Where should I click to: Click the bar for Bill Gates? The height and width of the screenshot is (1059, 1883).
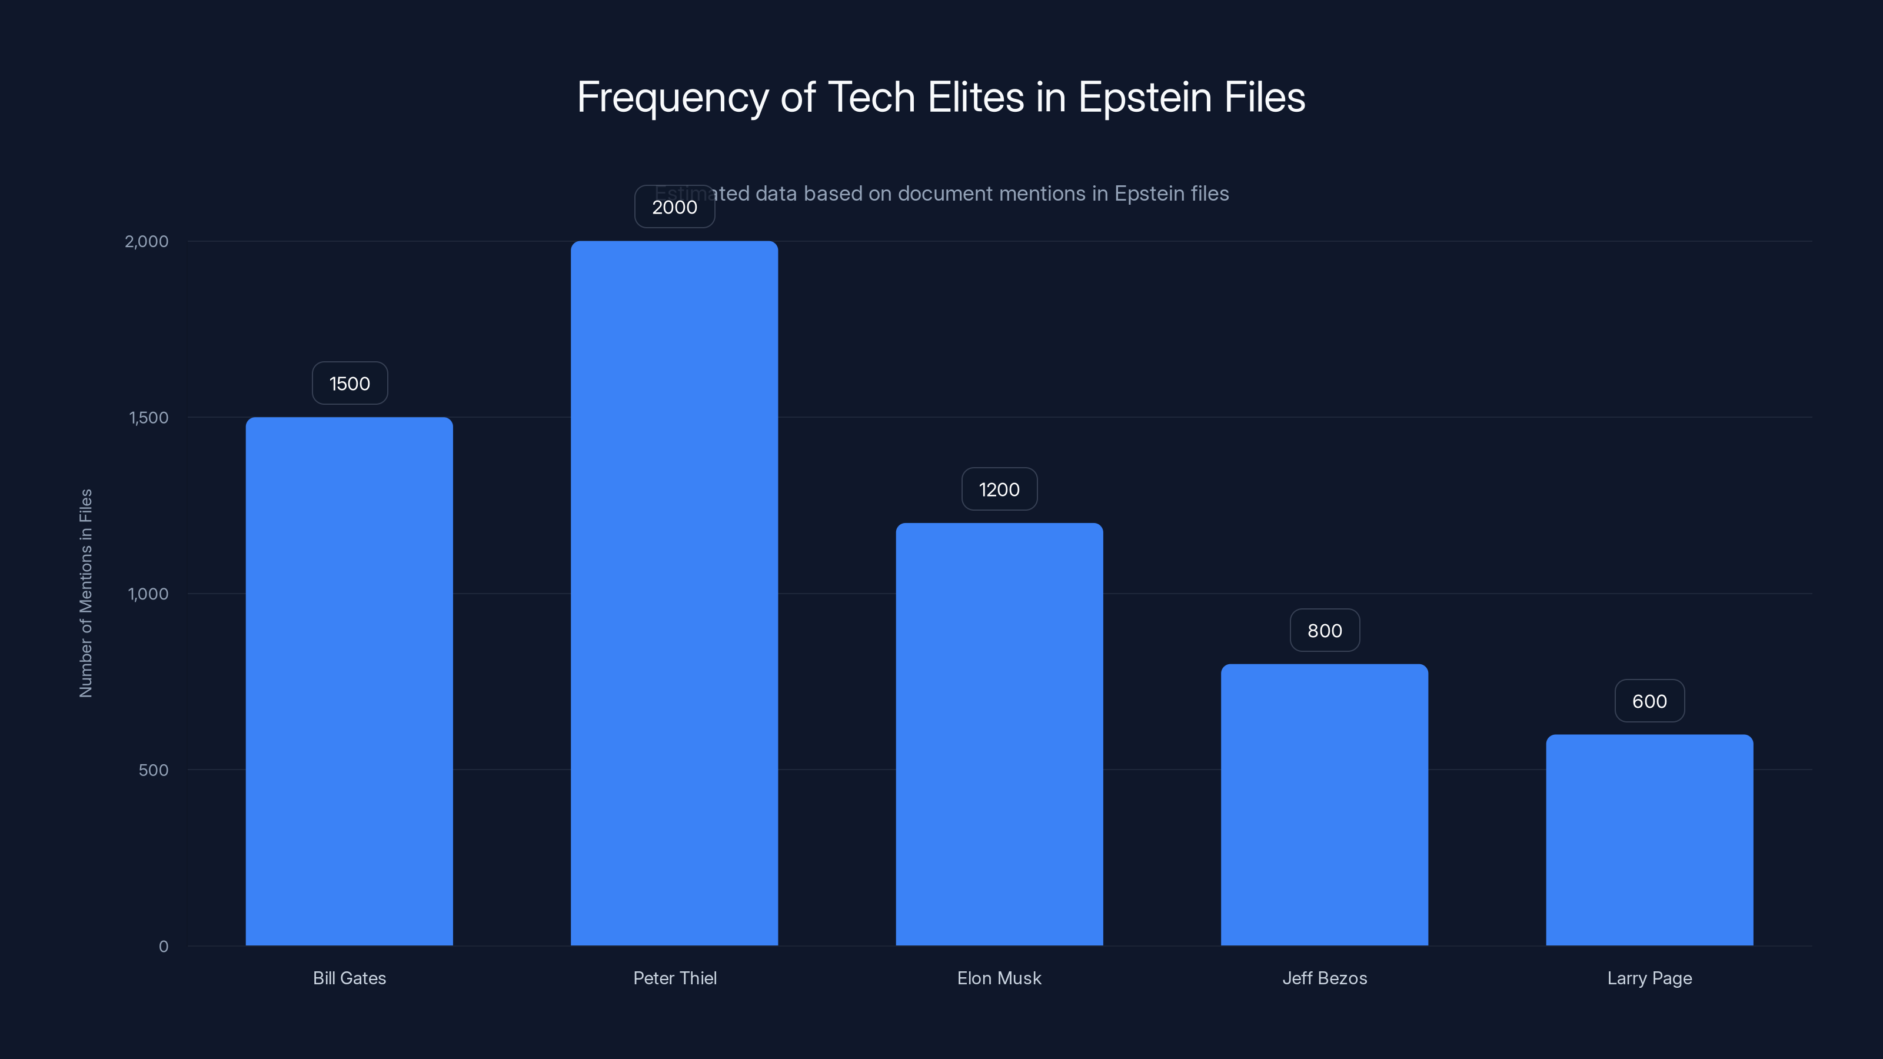(x=350, y=681)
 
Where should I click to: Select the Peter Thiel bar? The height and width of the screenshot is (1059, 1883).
(x=674, y=592)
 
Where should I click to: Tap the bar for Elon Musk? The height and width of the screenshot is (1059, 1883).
(x=999, y=734)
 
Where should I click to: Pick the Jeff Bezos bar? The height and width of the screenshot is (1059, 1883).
(x=1324, y=804)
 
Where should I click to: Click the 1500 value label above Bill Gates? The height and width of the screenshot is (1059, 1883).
(x=350, y=384)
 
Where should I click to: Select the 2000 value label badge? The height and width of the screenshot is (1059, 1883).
(x=674, y=207)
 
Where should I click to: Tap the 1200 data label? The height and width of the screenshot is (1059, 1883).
(x=999, y=489)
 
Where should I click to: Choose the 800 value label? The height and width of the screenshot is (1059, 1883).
(x=1324, y=631)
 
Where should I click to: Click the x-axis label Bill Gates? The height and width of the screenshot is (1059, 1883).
(x=350, y=978)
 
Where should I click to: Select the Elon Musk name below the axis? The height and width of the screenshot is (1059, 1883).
(x=999, y=978)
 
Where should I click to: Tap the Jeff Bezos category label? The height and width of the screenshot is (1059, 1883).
(x=1325, y=978)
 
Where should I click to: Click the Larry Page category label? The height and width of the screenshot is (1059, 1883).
(x=1649, y=978)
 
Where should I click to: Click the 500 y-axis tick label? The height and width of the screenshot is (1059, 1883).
(x=153, y=770)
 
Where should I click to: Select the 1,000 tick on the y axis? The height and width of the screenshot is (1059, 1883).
(x=148, y=594)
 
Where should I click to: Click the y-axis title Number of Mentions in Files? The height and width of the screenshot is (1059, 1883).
(x=85, y=592)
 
